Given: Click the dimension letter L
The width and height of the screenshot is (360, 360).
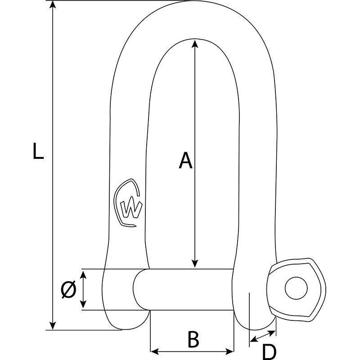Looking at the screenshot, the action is (x=38, y=151).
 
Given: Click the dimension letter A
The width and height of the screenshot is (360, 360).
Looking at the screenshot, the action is (x=185, y=160).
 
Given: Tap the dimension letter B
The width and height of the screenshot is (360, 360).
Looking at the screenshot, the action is (x=193, y=339).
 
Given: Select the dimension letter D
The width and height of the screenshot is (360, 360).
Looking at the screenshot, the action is (x=269, y=352).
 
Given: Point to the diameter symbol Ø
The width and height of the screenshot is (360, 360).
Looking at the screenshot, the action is (x=68, y=289).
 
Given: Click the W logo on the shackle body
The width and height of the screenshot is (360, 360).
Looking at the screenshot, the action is (x=128, y=203).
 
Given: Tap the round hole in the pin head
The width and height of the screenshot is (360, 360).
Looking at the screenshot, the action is (x=296, y=288).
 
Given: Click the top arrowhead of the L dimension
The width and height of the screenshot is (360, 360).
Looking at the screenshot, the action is (x=53, y=4).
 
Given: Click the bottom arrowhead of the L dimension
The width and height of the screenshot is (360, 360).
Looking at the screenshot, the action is (x=53, y=326).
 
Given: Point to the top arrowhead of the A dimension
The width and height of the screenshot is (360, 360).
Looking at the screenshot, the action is (x=195, y=44).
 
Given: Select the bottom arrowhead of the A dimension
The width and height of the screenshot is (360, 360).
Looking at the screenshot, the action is (x=195, y=264).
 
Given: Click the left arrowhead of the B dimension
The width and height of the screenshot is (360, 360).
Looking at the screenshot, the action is (x=154, y=351).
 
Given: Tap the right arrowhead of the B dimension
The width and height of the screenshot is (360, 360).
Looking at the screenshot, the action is (x=229, y=351).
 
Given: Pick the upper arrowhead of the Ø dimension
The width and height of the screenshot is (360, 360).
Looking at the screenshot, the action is (x=83, y=274).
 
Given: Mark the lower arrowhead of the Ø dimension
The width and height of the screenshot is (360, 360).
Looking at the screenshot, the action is (x=83, y=304).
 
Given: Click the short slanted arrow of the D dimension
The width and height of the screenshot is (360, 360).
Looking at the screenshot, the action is (x=263, y=336).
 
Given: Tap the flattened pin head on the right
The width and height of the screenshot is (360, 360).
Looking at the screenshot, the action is (x=296, y=289).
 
